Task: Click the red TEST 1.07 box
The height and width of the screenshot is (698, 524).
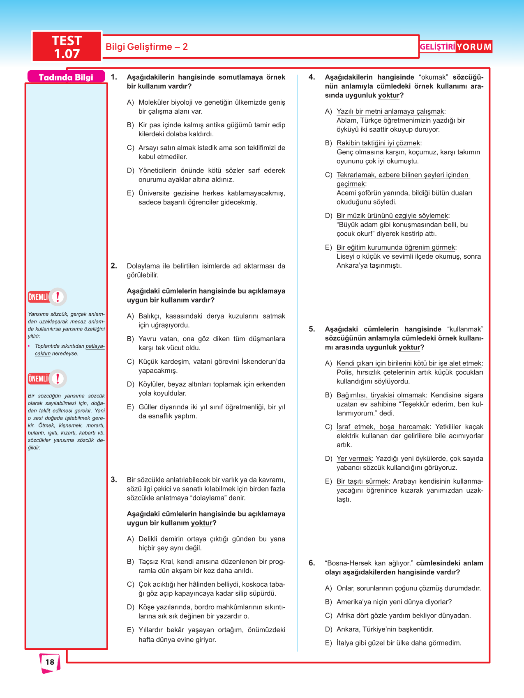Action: pyautogui.click(x=67, y=47)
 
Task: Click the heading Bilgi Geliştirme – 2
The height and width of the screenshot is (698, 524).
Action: pyautogui.click(x=147, y=47)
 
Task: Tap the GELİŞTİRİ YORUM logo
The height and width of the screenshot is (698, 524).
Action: pyautogui.click(x=455, y=47)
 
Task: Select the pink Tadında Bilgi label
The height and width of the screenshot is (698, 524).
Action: pyautogui.click(x=66, y=77)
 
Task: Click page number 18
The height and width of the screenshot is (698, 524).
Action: pyautogui.click(x=50, y=662)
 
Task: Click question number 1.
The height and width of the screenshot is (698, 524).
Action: pyautogui.click(x=114, y=77)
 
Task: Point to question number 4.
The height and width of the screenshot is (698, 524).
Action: pyautogui.click(x=312, y=77)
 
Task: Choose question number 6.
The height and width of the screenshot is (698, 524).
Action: pyautogui.click(x=312, y=563)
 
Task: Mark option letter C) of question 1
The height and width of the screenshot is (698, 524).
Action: pyautogui.click(x=130, y=148)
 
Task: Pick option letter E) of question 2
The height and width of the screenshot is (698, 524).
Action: pyautogui.click(x=130, y=407)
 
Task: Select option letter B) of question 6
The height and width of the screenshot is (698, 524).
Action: pyautogui.click(x=328, y=602)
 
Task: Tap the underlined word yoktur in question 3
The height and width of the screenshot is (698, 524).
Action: pyautogui.click(x=201, y=523)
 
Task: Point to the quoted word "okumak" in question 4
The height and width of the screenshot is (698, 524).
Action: pyautogui.click(x=433, y=77)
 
